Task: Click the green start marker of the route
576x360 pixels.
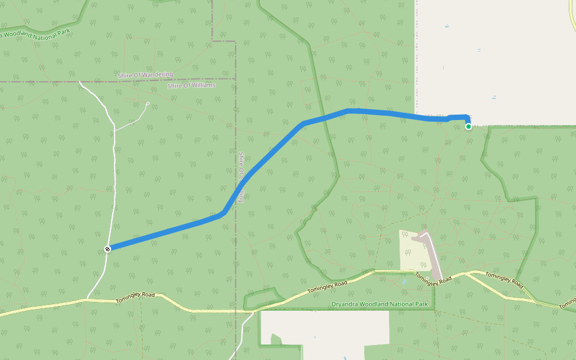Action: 468,126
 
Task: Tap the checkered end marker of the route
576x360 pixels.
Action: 107,248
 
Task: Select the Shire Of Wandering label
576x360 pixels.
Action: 145,75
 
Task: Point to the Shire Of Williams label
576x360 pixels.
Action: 191,86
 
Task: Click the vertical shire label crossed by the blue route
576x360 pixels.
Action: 240,176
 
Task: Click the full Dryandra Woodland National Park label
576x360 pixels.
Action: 380,304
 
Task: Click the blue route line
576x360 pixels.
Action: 168,230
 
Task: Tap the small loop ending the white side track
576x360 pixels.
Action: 148,103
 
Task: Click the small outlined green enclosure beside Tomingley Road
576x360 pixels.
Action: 262,298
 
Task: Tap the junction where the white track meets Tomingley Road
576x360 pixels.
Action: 88,298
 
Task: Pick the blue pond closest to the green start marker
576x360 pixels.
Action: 494,97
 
